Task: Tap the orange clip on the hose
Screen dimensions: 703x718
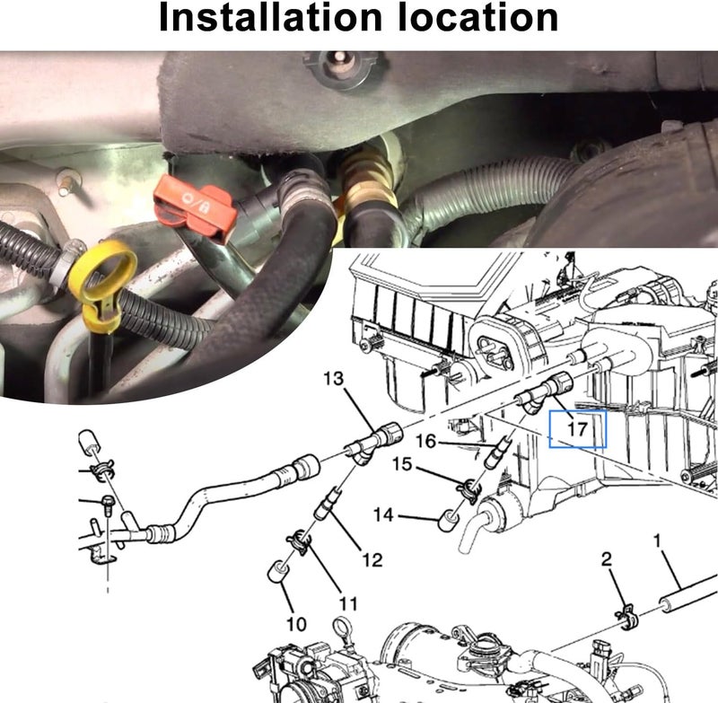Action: [195, 205]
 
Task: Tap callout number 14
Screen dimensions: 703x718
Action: [383, 515]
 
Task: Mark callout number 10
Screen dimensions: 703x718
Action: [296, 623]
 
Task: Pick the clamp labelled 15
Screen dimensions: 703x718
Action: [468, 489]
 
